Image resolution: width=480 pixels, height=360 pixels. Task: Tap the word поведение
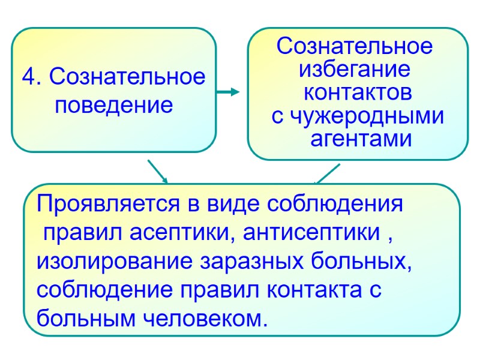[x=113, y=106]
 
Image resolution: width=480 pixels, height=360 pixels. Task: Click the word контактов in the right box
[x=358, y=94]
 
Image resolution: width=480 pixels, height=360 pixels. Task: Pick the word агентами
[x=361, y=140]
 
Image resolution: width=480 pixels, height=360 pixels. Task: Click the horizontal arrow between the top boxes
[x=228, y=92]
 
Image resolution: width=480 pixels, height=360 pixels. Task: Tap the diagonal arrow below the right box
[x=327, y=174]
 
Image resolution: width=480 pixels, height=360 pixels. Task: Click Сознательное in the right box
[x=354, y=47]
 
